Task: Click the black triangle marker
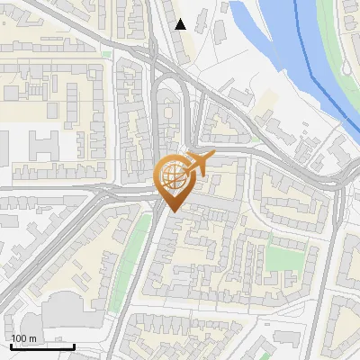pos(181,24)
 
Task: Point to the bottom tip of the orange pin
pos(172,212)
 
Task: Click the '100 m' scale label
pos(24,338)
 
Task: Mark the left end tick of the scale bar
pos(11,346)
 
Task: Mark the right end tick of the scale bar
pos(74,346)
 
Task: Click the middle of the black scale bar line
pos(42,347)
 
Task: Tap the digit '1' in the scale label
pos(13,338)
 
